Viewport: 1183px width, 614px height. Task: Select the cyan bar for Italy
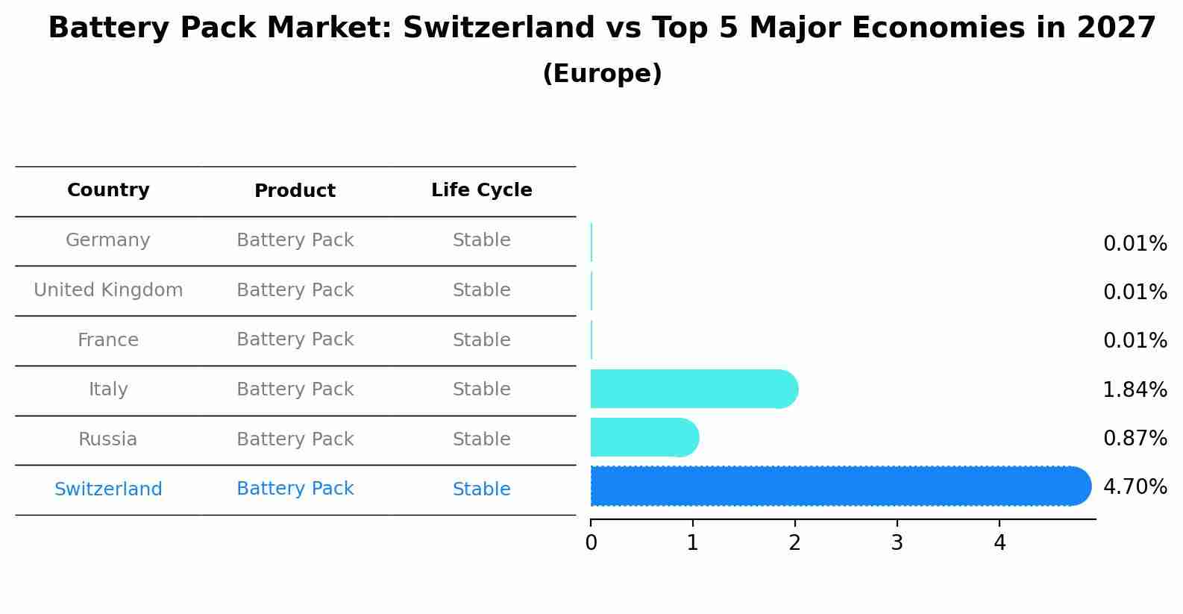pos(694,389)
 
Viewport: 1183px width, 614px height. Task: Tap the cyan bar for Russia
pos(644,437)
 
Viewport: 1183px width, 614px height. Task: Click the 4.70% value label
pos(1135,487)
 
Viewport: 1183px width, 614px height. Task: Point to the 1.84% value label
pos(1135,389)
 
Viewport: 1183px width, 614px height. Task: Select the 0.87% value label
pos(1135,438)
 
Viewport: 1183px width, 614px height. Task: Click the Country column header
pos(108,190)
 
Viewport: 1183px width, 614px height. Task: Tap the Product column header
pos(295,191)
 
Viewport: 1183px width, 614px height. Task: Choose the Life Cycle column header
pos(481,190)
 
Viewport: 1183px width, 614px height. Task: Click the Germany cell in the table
pos(108,240)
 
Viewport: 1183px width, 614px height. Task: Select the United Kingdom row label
pos(108,290)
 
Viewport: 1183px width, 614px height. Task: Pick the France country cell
pos(108,340)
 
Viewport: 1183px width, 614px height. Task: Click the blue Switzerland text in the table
pos(108,489)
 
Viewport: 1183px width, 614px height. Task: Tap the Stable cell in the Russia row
pos(481,439)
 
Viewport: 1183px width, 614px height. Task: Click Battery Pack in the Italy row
pos(295,389)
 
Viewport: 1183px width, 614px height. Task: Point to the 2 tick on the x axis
pos(794,543)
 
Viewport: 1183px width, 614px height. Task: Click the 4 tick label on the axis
pos(1000,543)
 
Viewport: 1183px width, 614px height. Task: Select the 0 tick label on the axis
pos(591,543)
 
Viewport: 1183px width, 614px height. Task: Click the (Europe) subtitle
pos(602,74)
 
